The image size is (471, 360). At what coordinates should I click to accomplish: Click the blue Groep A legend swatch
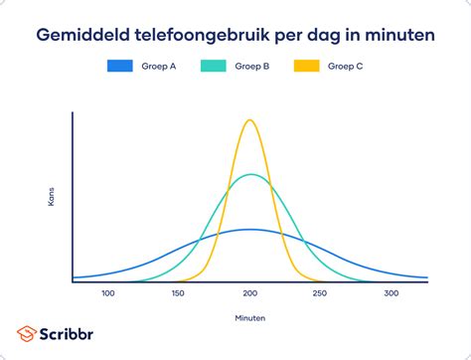click(x=120, y=67)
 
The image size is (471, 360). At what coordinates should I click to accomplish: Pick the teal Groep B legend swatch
click(x=215, y=67)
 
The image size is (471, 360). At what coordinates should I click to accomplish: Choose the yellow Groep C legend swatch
click(x=308, y=67)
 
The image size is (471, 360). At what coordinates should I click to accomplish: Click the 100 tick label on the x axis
click(x=108, y=293)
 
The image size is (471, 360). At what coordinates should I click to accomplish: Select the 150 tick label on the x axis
click(x=179, y=293)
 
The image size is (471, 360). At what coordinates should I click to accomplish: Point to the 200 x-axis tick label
click(x=249, y=293)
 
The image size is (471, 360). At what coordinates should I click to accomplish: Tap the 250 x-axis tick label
click(x=320, y=293)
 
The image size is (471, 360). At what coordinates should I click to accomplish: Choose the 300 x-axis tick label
click(x=391, y=293)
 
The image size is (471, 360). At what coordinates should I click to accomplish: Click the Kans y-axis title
click(x=51, y=196)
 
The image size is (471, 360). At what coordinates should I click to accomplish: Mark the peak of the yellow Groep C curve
click(x=249, y=120)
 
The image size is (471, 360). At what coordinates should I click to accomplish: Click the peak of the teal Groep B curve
click(x=251, y=175)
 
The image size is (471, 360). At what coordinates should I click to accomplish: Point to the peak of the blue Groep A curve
click(x=251, y=230)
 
